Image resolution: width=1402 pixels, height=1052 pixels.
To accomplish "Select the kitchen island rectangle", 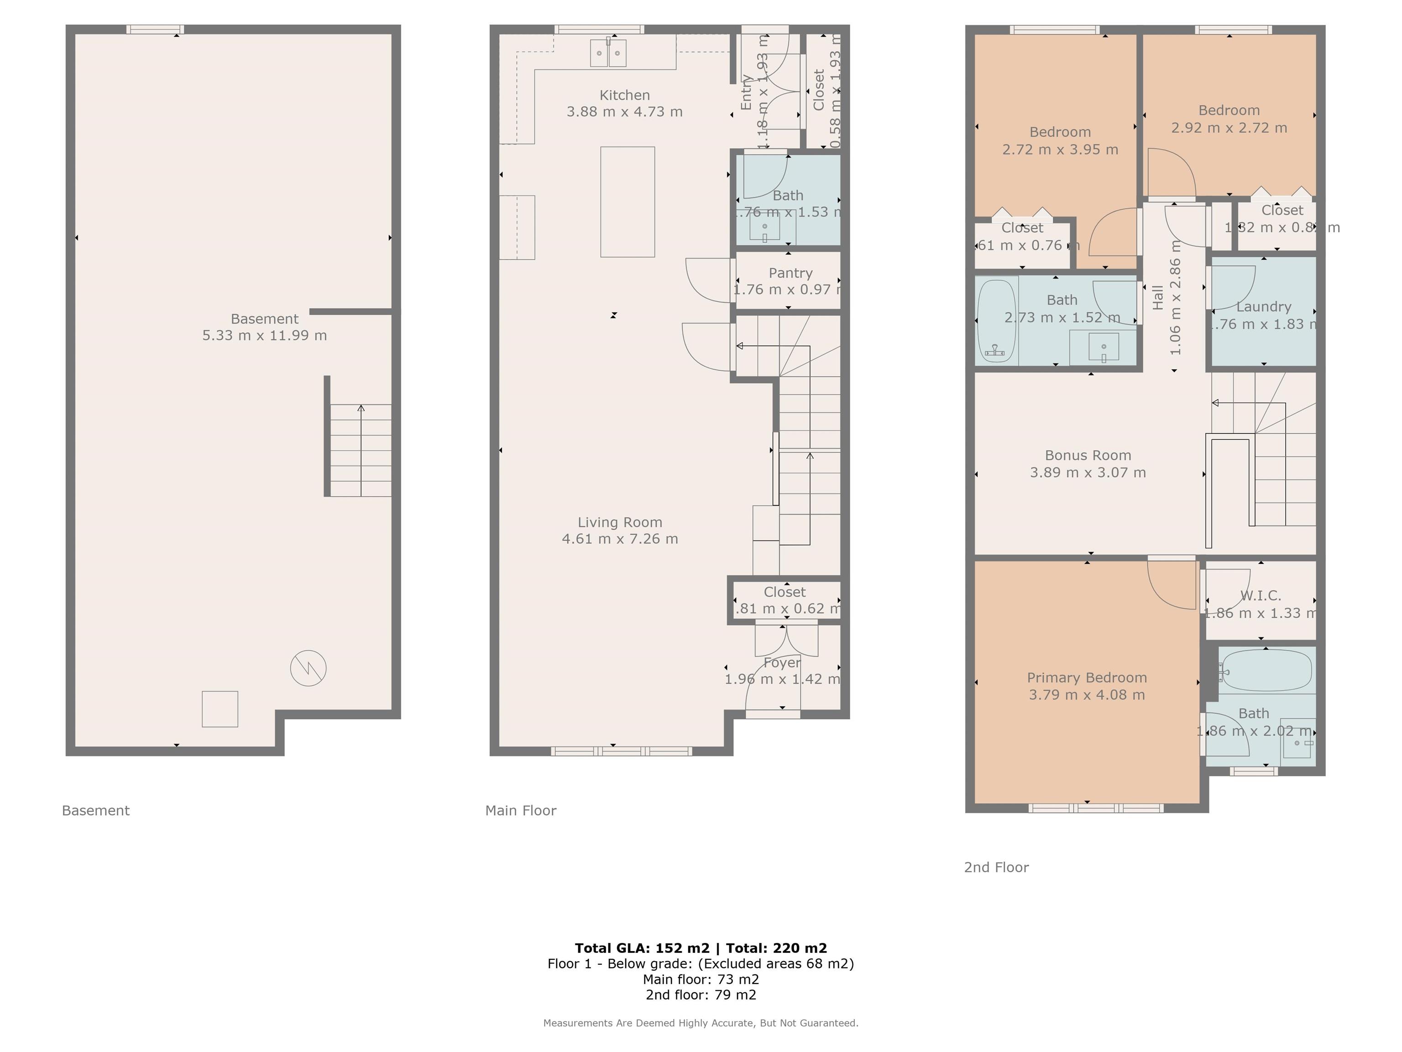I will [x=628, y=202].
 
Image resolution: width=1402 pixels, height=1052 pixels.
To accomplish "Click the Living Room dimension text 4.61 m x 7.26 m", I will [x=619, y=539].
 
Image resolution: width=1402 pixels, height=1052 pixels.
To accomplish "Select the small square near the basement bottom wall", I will [x=220, y=709].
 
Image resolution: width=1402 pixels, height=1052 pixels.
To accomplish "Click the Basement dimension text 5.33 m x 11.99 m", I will [x=264, y=336].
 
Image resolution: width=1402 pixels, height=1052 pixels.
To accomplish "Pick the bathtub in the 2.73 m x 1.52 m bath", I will [x=996, y=321].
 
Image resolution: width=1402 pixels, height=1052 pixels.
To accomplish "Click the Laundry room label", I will [x=1263, y=307].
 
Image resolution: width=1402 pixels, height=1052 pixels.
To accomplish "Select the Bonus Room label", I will [x=1088, y=455].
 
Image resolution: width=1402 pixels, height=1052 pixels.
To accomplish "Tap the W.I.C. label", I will [x=1260, y=596].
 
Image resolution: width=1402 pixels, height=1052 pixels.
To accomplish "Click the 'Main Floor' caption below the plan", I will [x=520, y=810].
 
